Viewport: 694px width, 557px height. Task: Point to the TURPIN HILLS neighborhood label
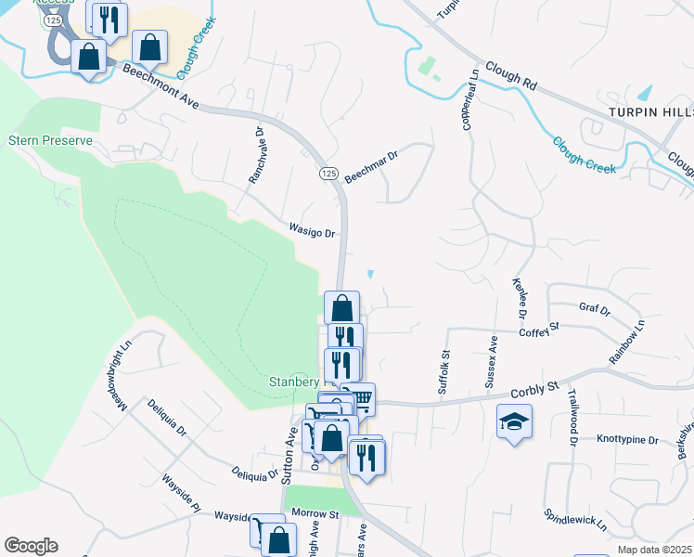tap(650, 111)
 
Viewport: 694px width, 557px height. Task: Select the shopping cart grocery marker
tap(358, 398)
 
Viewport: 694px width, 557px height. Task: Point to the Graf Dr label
tap(594, 309)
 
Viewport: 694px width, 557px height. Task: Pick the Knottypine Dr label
tap(627, 439)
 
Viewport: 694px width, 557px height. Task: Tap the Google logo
tap(31, 546)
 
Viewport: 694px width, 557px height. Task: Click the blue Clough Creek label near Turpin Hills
tap(585, 155)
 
